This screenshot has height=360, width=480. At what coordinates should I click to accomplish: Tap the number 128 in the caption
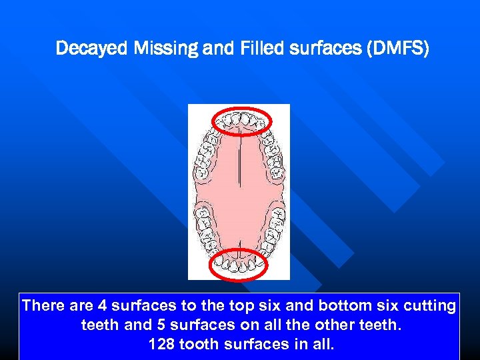coord(161,345)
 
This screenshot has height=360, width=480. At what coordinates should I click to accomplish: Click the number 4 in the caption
coord(102,306)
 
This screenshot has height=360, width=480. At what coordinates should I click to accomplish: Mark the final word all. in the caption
coord(321,345)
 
